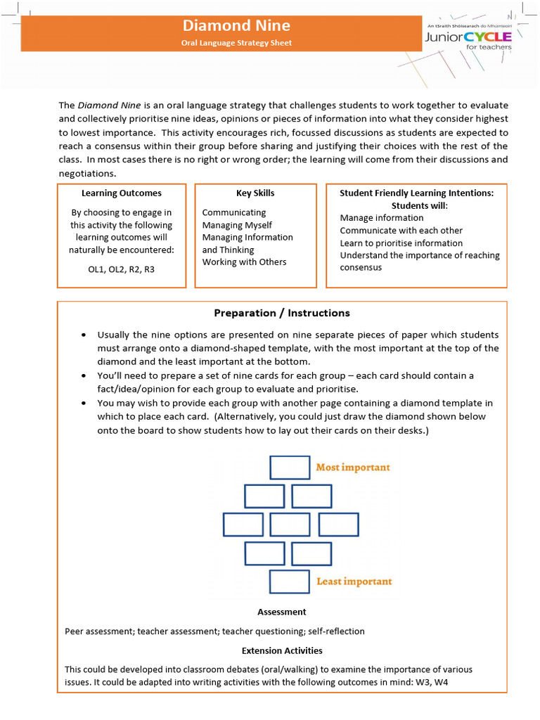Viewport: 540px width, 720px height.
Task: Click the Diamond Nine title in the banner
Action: (236, 26)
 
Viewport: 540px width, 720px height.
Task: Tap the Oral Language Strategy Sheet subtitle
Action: (236, 44)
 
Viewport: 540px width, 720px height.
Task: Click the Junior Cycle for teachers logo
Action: (468, 36)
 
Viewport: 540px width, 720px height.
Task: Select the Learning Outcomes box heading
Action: (122, 193)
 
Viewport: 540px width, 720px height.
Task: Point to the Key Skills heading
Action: (255, 193)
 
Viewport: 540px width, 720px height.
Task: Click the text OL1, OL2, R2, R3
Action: (122, 269)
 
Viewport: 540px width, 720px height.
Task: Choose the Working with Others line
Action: (244, 262)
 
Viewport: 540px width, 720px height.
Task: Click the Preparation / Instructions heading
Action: (281, 313)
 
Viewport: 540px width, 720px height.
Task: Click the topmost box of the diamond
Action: (290, 468)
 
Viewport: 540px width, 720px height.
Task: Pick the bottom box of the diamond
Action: (290, 581)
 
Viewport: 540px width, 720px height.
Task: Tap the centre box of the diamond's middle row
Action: (290, 525)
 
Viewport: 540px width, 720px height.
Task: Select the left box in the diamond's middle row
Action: (243, 525)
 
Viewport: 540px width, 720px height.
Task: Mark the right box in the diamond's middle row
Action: (338, 525)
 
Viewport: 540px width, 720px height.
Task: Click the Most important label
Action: (353, 467)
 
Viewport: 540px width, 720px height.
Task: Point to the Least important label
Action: (354, 581)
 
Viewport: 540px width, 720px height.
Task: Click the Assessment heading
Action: (281, 612)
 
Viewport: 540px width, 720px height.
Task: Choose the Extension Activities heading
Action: (281, 651)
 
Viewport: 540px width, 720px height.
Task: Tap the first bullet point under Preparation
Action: (84, 335)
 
